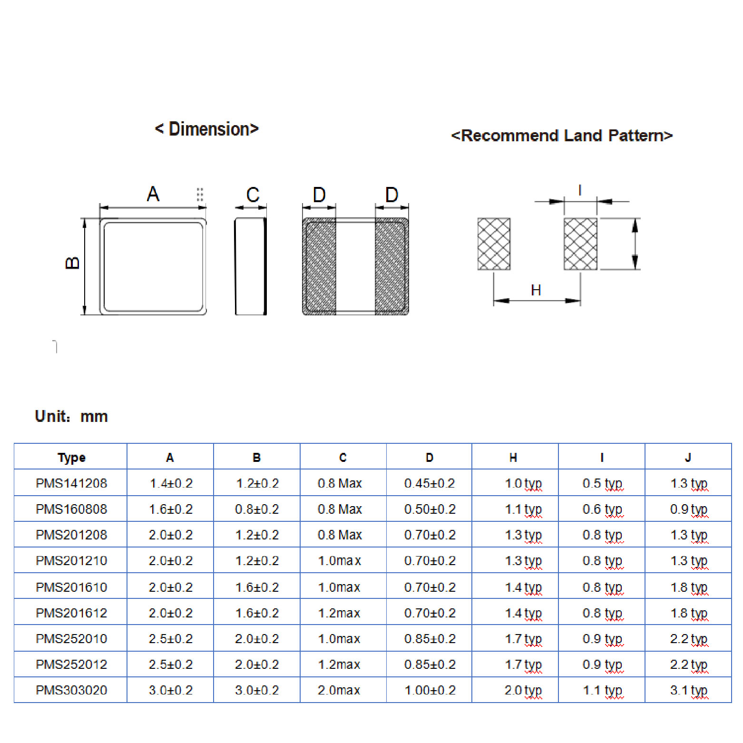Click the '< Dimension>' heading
point(206,129)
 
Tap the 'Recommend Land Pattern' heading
point(562,136)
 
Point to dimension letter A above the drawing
point(153,194)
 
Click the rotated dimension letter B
point(72,263)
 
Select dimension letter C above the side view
point(253,195)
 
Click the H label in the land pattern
point(536,290)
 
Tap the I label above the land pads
point(580,190)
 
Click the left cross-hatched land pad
point(494,244)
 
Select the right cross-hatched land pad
point(580,244)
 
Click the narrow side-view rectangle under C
point(251,266)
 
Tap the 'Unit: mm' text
point(71,416)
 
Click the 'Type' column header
point(71,457)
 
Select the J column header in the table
point(688,457)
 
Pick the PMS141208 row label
point(71,483)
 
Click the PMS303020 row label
point(71,690)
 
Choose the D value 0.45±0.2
point(430,483)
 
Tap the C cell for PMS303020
point(339,690)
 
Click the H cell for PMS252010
point(523,638)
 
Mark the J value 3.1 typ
point(688,690)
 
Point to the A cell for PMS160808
point(171,509)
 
